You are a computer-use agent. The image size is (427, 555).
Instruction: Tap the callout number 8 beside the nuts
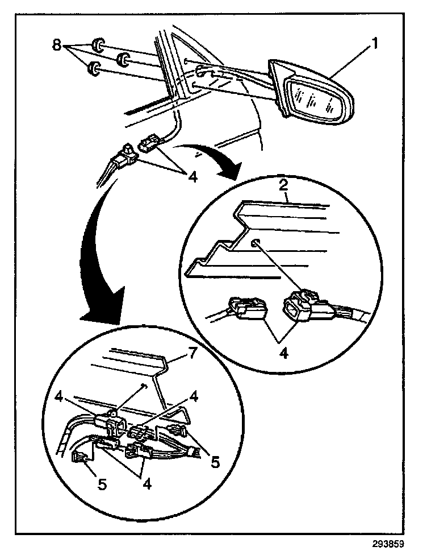[x=56, y=45]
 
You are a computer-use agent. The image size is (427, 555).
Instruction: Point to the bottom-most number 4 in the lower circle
[x=148, y=484]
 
